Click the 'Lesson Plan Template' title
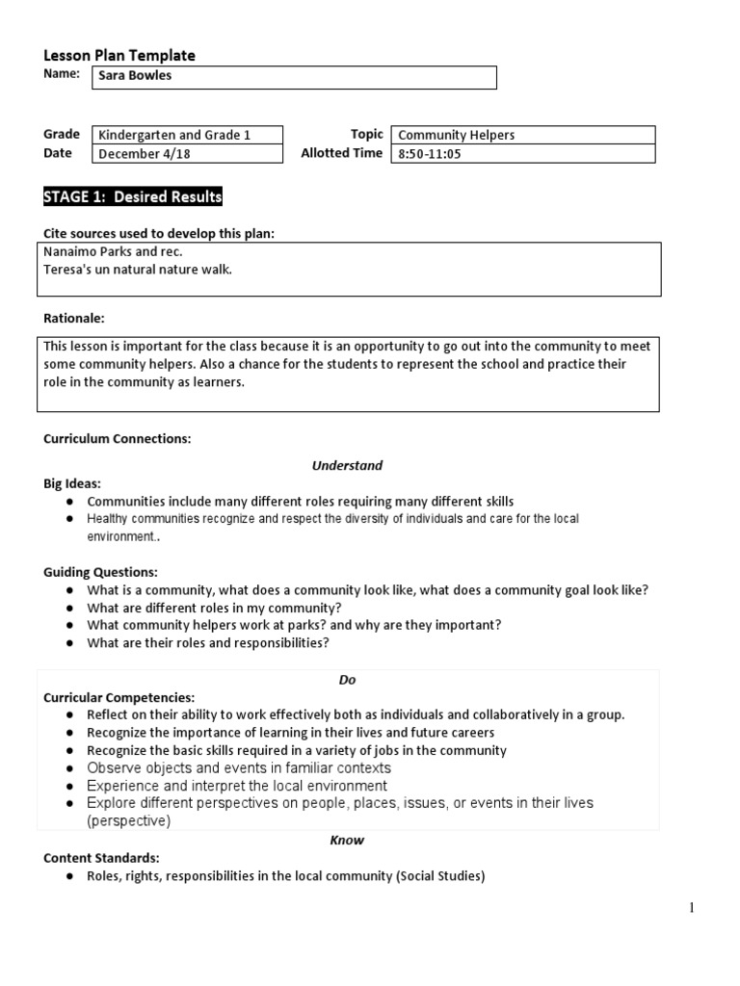[119, 56]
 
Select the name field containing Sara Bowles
[294, 77]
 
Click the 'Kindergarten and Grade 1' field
[187, 135]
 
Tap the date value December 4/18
[187, 153]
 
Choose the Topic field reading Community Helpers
[522, 135]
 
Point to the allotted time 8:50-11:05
[522, 153]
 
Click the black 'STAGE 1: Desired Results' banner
[133, 197]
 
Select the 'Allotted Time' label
[341, 153]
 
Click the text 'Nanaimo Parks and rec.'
[113, 251]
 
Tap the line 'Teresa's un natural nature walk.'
[138, 269]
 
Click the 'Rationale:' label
[74, 318]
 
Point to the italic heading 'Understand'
[347, 465]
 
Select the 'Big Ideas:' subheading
[72, 483]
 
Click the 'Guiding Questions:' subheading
[100, 572]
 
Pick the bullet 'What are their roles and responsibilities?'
[208, 643]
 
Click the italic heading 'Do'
[347, 680]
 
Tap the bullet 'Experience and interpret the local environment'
[237, 786]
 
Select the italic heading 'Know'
[347, 840]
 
